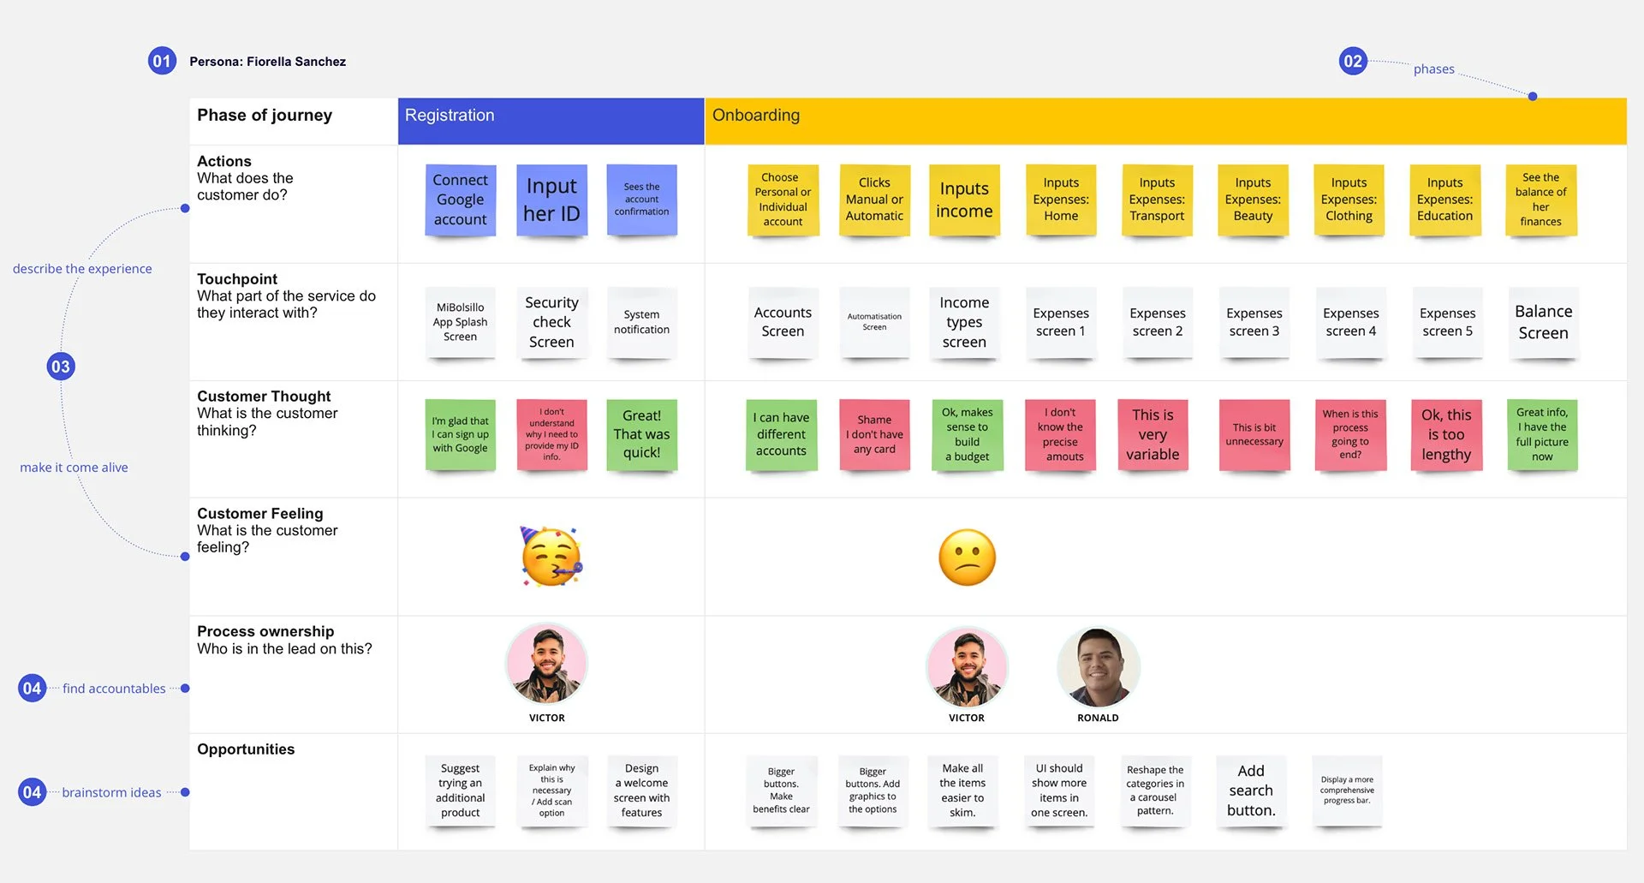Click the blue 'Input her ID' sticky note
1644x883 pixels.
pyautogui.click(x=551, y=200)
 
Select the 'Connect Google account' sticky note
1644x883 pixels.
pyautogui.click(x=461, y=200)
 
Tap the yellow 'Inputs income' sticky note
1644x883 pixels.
pyautogui.click(x=964, y=200)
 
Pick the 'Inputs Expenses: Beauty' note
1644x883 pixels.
pyautogui.click(x=1253, y=200)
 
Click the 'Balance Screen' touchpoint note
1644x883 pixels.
pyautogui.click(x=1543, y=322)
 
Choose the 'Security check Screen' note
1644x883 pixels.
pyautogui.click(x=551, y=322)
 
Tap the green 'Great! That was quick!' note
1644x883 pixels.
pyautogui.click(x=641, y=434)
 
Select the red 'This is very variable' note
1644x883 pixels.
pyautogui.click(x=1153, y=434)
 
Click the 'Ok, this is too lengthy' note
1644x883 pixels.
pyautogui.click(x=1446, y=434)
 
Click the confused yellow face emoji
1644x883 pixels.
pyautogui.click(x=967, y=558)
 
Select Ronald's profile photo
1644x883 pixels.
pyautogui.click(x=1098, y=666)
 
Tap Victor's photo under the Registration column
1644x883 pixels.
pyautogui.click(x=547, y=665)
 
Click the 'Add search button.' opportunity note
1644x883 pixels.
pyautogui.click(x=1251, y=791)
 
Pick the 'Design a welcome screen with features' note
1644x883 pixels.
pyautogui.click(x=641, y=791)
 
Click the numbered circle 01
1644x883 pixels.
pyautogui.click(x=162, y=61)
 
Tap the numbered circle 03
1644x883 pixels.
pyautogui.click(x=61, y=367)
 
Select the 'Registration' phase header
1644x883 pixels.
pyautogui.click(x=450, y=116)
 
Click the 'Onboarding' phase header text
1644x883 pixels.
pyautogui.click(x=756, y=116)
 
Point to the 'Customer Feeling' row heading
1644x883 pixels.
pyautogui.click(x=260, y=514)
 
